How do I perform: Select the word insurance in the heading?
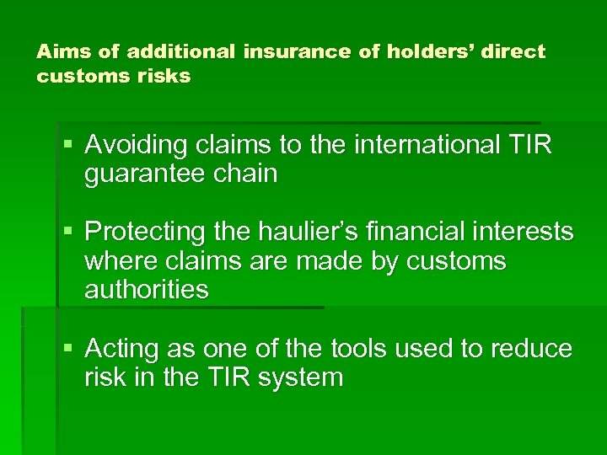(297, 52)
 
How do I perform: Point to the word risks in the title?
(169, 76)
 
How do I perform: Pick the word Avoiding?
(136, 145)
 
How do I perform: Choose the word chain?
(247, 174)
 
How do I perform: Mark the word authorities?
(146, 289)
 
